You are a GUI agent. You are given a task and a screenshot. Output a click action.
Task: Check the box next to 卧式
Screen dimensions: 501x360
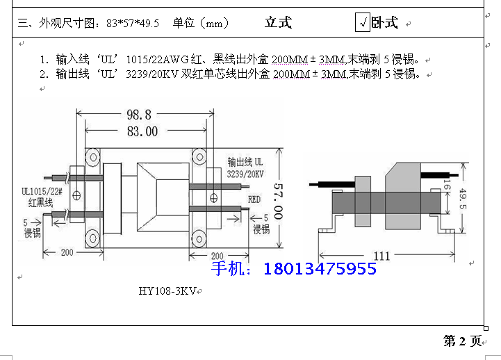[x=362, y=23]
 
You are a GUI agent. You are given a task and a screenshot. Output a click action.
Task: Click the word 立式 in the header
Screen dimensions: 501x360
[x=278, y=23]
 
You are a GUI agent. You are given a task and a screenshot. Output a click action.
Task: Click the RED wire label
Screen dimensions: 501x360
[x=255, y=199]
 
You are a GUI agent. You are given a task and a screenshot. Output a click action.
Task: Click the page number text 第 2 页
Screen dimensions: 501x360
[x=462, y=341]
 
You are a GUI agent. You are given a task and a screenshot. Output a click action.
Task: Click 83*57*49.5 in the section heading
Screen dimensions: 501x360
[x=133, y=23]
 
